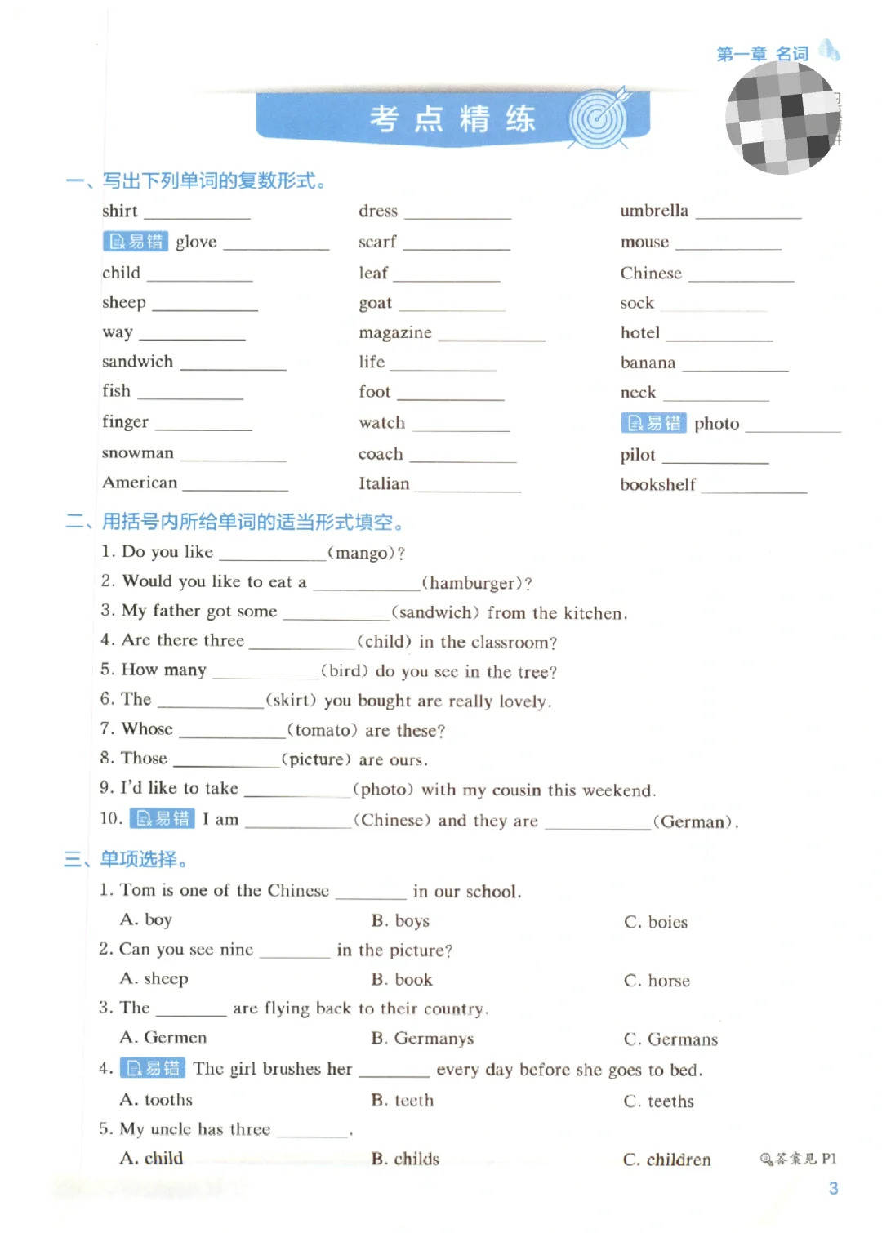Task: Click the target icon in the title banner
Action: coord(599,119)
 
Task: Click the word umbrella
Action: coord(654,211)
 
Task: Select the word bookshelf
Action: coord(657,484)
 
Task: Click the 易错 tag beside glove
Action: coord(136,242)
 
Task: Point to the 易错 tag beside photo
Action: coord(653,423)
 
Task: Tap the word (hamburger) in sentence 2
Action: coord(475,583)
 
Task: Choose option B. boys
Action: coord(400,921)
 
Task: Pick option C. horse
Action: coord(657,981)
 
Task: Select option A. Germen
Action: coord(163,1038)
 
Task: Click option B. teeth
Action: coord(402,1101)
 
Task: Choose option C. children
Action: coord(666,1160)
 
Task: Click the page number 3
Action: coord(833,1189)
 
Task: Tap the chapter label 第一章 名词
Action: coord(762,54)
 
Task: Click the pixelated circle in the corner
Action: coord(782,118)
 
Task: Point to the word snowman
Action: coord(137,453)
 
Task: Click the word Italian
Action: coord(384,483)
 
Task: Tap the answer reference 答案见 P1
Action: coord(798,1159)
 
